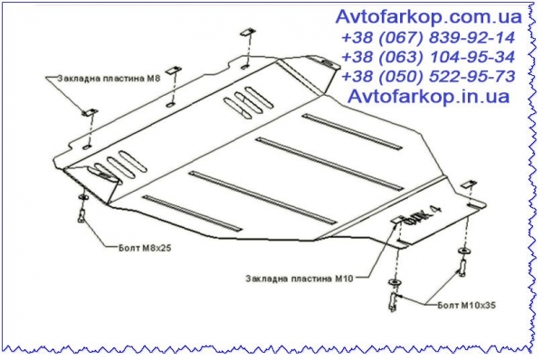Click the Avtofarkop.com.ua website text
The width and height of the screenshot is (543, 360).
point(428,17)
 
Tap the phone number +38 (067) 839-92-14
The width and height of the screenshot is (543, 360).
point(428,38)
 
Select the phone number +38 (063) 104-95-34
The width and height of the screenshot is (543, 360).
point(428,57)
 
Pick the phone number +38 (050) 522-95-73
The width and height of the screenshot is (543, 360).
point(428,77)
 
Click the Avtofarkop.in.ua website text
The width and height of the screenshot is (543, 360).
point(428,97)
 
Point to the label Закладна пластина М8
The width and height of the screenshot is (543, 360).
point(109,78)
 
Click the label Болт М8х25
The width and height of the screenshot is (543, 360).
point(145,248)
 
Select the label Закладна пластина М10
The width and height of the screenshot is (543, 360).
point(300,279)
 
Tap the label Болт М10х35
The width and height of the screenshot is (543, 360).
point(466,305)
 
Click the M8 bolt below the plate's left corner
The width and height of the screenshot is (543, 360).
point(82,215)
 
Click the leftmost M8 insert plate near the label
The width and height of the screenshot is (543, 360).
point(90,112)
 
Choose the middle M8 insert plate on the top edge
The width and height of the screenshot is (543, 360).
point(174,71)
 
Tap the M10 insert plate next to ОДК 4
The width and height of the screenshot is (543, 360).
point(398,220)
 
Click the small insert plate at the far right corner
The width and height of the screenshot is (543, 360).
point(469,185)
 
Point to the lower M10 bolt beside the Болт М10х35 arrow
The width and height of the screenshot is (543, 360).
point(394,300)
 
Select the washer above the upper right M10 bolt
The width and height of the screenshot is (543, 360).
point(463,251)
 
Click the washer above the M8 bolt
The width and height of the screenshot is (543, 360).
point(84,197)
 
